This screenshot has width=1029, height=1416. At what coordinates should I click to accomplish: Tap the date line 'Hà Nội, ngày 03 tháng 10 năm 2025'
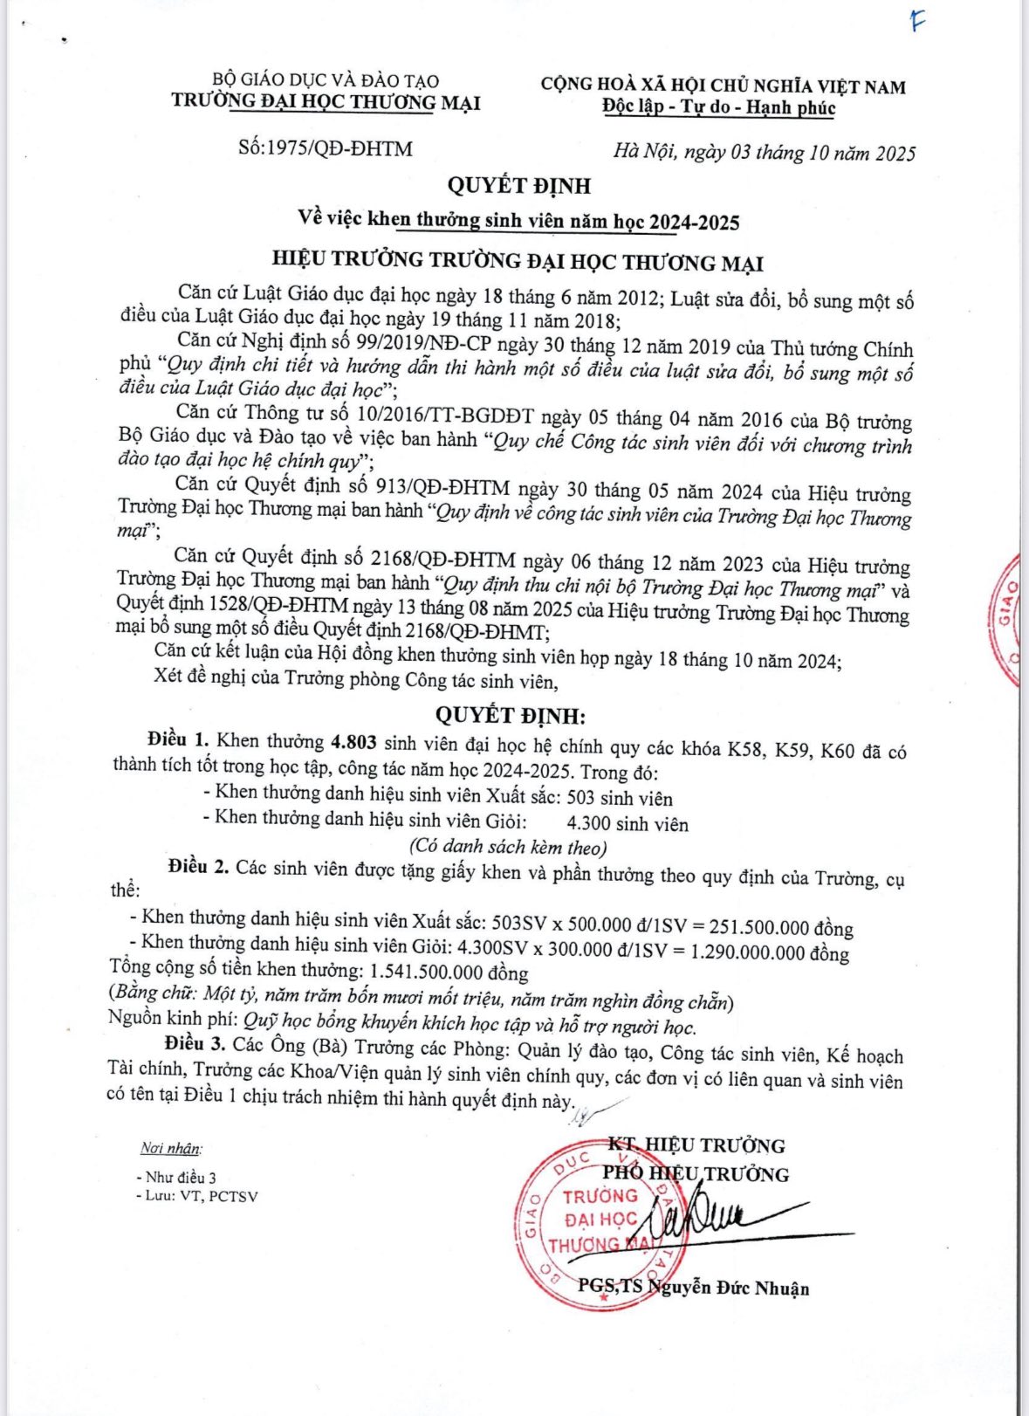tap(764, 153)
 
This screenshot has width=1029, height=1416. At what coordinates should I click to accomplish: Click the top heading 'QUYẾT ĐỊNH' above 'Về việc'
tap(519, 186)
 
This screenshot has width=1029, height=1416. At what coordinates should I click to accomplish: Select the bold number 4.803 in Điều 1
tap(353, 743)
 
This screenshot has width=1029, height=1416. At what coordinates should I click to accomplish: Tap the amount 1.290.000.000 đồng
tap(769, 952)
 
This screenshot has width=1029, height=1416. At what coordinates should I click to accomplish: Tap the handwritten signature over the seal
tap(716, 1218)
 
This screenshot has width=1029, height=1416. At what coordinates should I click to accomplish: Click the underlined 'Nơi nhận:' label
tap(170, 1149)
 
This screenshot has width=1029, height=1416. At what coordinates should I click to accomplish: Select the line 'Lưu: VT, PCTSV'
tap(200, 1196)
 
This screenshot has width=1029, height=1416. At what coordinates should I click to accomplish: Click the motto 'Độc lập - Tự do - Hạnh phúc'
tap(718, 108)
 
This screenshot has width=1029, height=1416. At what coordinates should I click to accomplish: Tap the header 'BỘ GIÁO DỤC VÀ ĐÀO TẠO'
tap(326, 80)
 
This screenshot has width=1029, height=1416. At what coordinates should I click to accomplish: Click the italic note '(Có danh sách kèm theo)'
tap(508, 847)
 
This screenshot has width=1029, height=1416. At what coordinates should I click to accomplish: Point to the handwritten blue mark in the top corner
tap(916, 22)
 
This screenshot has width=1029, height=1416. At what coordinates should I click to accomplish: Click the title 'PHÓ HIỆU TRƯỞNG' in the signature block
tap(696, 1174)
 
